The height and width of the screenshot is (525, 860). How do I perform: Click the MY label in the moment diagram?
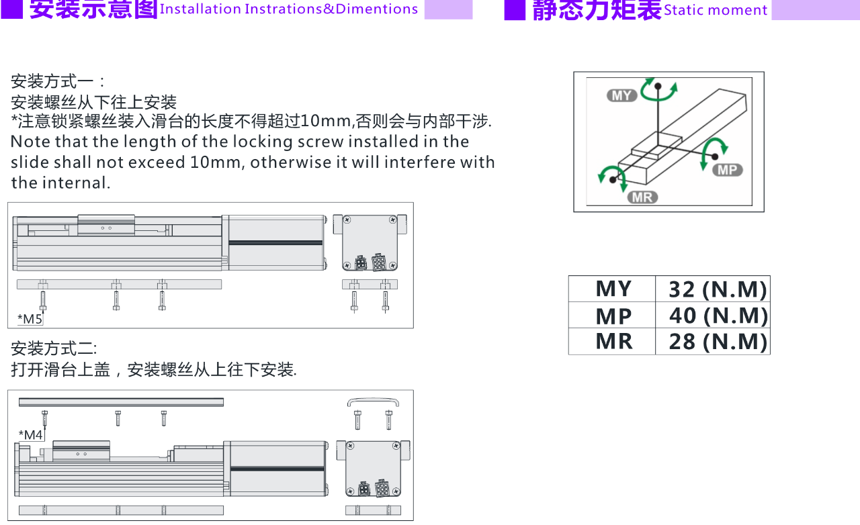point(621,95)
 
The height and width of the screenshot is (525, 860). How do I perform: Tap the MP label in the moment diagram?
point(728,170)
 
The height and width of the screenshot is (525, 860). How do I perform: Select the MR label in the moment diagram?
point(642,197)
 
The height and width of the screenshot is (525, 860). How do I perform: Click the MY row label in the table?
point(613,289)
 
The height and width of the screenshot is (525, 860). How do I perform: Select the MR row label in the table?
point(614,341)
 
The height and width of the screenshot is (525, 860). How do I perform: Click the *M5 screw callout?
point(30,319)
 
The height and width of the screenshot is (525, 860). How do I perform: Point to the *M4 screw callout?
point(31,435)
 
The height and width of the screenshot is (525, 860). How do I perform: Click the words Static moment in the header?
point(716,10)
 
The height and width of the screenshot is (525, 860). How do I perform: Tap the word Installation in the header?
point(200,9)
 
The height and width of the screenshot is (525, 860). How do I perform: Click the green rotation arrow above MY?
point(659,90)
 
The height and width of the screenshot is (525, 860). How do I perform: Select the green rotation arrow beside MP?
point(714,152)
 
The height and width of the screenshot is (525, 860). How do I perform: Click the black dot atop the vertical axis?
point(658,86)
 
